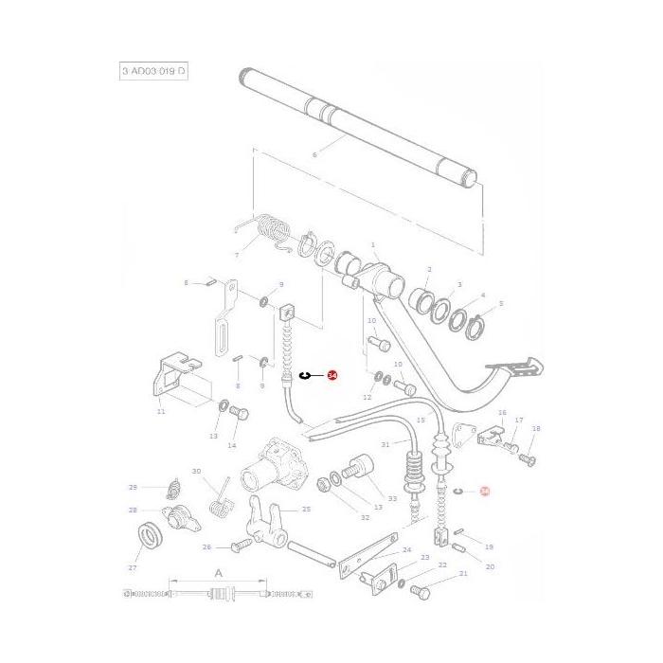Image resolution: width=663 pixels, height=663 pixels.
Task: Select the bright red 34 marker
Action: tap(331, 376)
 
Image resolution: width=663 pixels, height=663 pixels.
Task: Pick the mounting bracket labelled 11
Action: tap(172, 378)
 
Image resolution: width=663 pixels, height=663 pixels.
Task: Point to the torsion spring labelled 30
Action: tap(222, 495)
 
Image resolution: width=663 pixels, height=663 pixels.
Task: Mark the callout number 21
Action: tap(463, 575)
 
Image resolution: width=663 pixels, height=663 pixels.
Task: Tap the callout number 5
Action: tap(501, 304)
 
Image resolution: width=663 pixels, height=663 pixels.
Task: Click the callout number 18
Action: tap(536, 429)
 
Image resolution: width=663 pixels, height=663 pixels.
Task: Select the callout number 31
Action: tap(385, 444)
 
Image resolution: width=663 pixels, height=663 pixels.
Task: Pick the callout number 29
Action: tap(134, 487)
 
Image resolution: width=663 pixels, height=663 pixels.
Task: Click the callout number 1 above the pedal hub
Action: tap(373, 244)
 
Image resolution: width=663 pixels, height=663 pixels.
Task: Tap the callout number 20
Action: tap(489, 566)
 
